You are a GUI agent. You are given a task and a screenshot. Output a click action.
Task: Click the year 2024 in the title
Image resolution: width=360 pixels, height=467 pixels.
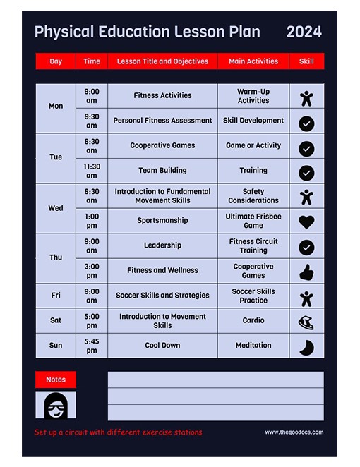[304, 32]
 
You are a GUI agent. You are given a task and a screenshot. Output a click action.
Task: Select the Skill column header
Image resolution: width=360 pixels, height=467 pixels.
[306, 61]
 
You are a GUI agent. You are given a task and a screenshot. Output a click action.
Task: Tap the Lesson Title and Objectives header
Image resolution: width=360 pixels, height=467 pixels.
[162, 61]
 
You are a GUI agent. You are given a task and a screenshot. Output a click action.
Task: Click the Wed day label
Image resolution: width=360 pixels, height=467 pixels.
[56, 208]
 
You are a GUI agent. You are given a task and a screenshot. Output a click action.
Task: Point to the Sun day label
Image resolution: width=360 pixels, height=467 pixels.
[56, 346]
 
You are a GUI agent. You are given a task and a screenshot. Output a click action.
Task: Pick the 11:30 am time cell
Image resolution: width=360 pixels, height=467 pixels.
[92, 171]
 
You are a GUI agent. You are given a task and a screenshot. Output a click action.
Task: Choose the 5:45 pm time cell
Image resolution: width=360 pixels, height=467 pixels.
[92, 346]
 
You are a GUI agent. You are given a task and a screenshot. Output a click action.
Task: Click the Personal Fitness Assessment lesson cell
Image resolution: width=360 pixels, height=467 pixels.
[162, 121]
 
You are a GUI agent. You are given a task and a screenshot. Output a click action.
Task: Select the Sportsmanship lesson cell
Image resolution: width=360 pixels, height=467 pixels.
[162, 220]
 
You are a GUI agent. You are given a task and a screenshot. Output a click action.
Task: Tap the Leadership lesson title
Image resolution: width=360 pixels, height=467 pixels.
[162, 245]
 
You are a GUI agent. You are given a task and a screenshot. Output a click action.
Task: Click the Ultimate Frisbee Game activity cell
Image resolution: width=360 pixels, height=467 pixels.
[253, 221]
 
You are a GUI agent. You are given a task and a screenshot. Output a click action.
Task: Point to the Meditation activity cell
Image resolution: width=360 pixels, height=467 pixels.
[253, 346]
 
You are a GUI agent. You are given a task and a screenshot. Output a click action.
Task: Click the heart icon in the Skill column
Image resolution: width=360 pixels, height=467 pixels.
[306, 222]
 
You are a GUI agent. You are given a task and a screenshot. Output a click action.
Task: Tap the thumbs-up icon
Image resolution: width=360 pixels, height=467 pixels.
[306, 272]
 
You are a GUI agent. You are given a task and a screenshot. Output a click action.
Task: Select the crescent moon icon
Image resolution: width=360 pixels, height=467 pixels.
[306, 347]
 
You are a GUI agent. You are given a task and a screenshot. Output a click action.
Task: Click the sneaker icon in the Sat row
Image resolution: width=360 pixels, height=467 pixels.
[306, 322]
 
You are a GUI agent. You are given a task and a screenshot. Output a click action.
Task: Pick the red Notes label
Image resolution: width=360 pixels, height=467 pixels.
[56, 380]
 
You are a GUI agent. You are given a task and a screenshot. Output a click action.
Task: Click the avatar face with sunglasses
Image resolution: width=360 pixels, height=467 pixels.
[55, 406]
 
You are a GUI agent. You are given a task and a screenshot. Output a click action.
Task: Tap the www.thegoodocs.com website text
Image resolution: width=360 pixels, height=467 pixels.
[294, 432]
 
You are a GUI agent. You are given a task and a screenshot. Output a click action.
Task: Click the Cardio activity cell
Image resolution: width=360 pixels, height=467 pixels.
[253, 320]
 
